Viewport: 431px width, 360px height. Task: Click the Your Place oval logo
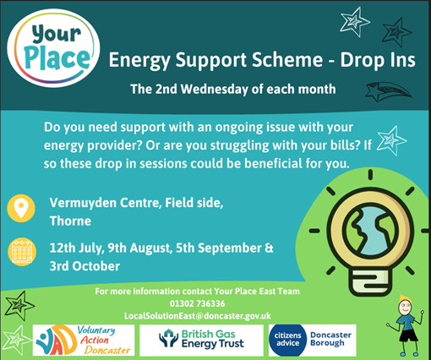(53, 48)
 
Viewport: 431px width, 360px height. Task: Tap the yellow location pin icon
(21, 209)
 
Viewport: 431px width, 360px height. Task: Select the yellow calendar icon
(22, 252)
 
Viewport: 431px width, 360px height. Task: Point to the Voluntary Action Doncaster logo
(84, 341)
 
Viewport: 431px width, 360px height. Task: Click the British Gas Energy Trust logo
(201, 341)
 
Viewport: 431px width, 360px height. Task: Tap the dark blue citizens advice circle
(287, 341)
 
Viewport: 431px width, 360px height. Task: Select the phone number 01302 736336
(197, 303)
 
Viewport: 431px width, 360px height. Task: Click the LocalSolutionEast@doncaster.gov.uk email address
(198, 316)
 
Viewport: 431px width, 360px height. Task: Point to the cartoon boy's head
(405, 305)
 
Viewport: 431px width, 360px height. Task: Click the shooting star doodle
(388, 91)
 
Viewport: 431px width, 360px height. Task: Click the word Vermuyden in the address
(83, 203)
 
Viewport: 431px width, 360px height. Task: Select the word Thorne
(70, 221)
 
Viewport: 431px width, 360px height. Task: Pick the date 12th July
(76, 248)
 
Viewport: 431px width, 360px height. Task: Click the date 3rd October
(85, 266)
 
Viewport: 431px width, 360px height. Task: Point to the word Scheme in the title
(287, 60)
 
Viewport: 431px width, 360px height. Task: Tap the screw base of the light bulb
(370, 281)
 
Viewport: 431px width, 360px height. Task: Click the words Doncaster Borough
(330, 339)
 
